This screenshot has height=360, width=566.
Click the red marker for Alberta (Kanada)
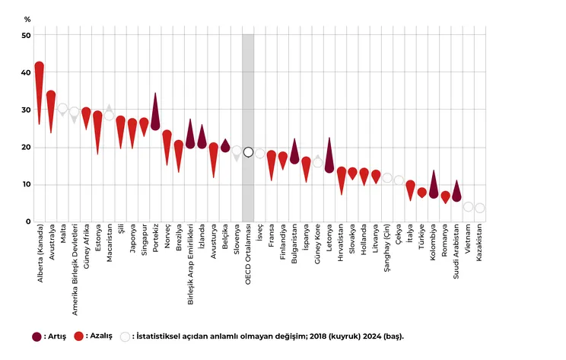coord(39,68)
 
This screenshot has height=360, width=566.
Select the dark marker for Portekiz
coord(155,123)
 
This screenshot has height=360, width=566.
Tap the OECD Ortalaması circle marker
coord(248,152)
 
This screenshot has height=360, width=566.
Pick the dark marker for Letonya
coord(329,166)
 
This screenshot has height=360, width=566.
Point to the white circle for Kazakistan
coord(480,208)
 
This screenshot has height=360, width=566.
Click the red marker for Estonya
coord(97,116)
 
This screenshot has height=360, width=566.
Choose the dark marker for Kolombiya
coord(434,193)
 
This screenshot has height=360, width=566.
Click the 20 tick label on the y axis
coord(27,148)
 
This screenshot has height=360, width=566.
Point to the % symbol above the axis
coord(27,18)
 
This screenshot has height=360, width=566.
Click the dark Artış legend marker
coord(37,336)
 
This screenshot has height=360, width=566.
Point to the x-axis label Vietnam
coord(469,240)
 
